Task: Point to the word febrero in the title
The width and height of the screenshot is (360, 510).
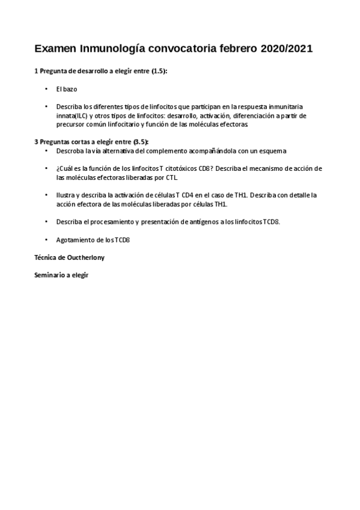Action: [236, 48]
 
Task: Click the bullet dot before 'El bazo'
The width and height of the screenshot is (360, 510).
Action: [46, 88]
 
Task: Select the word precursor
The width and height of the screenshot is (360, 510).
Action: [74, 124]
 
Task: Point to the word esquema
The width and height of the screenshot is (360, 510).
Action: [271, 150]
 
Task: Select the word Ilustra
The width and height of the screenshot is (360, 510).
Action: [67, 195]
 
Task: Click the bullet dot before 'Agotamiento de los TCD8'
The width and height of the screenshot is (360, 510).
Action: [46, 239]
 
